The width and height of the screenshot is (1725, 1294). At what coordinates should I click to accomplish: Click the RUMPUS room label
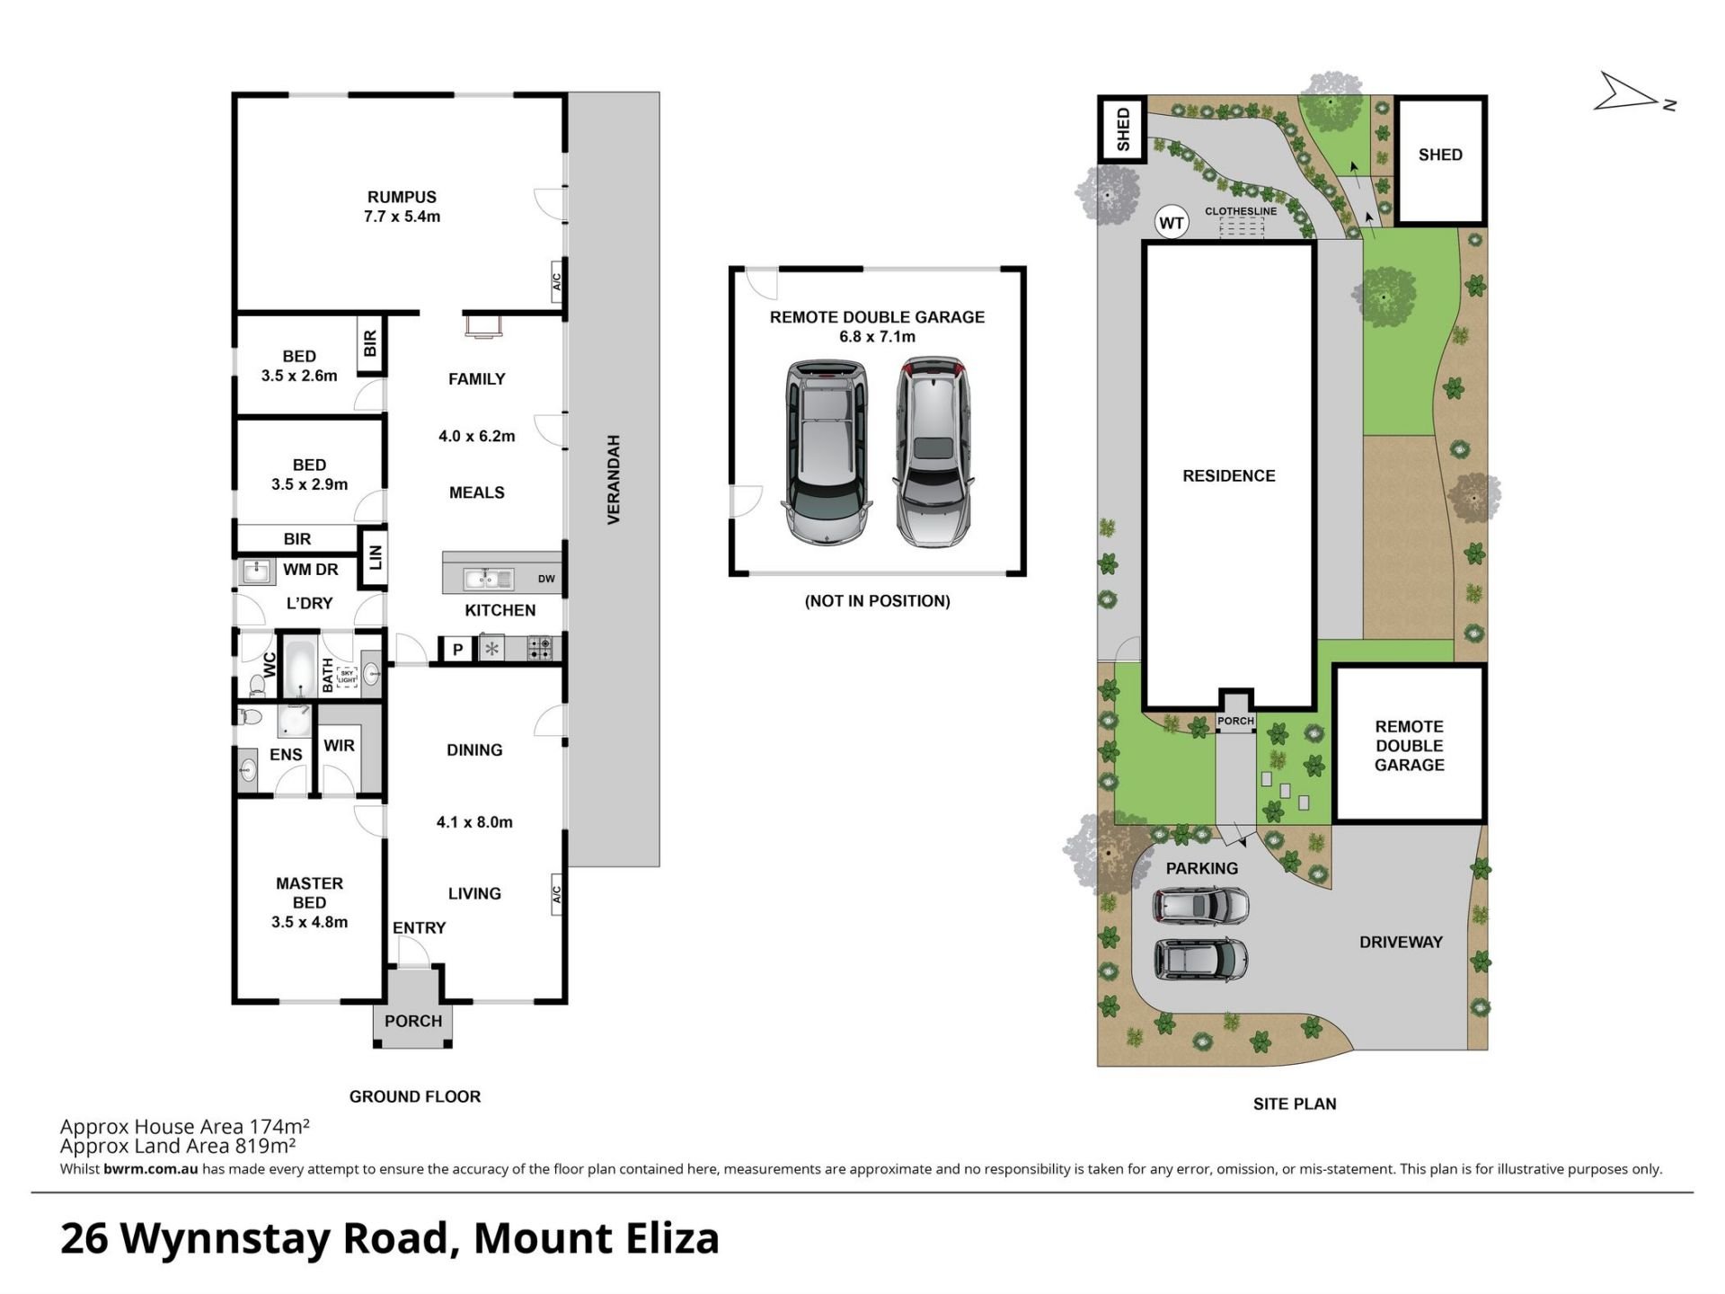tap(402, 197)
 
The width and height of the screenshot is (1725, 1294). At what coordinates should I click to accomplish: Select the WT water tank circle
tap(1172, 222)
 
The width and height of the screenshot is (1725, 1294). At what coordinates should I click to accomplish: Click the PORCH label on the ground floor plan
tap(413, 1021)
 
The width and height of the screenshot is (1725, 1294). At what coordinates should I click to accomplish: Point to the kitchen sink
tap(488, 579)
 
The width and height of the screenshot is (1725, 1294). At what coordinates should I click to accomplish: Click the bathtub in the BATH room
tap(299, 668)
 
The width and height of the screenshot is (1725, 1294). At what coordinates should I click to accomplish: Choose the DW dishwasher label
tap(546, 579)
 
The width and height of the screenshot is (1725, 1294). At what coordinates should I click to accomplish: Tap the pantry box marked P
tap(457, 649)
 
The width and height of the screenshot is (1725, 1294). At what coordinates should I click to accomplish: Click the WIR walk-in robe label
tap(339, 745)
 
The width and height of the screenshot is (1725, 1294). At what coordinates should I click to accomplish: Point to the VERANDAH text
tap(614, 480)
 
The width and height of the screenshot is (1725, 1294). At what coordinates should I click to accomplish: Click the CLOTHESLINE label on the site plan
tap(1241, 211)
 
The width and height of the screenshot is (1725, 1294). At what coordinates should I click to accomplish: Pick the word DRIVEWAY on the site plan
tap(1401, 942)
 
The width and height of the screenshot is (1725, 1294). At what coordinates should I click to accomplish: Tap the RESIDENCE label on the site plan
tap(1228, 475)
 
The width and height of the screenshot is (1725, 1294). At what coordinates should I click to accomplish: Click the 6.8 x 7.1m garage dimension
tap(877, 336)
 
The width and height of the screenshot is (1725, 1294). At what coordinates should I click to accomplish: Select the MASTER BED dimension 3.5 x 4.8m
tap(309, 921)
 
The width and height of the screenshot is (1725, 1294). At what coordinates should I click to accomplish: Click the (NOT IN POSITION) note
tap(877, 600)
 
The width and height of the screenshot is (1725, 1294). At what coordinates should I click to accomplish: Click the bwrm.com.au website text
tap(150, 1169)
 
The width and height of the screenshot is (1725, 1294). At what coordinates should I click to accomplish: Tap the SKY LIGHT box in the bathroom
tap(347, 677)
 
